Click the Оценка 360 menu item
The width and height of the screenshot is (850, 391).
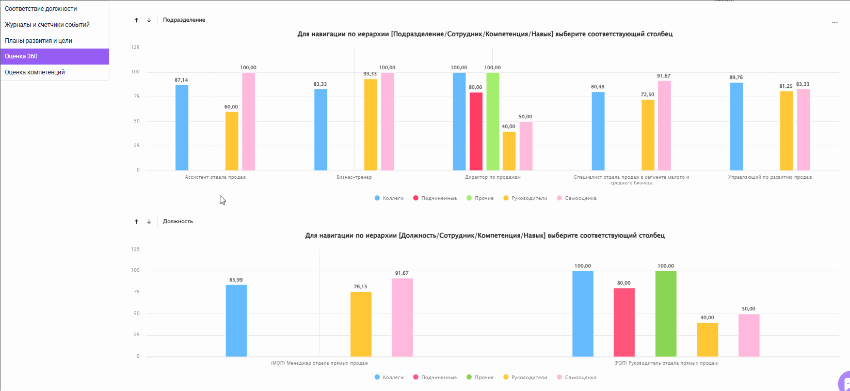54,56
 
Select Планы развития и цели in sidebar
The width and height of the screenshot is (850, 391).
39,41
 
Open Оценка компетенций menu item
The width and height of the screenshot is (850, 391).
35,72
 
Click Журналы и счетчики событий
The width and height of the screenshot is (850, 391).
47,25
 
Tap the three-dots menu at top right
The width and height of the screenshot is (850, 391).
835,23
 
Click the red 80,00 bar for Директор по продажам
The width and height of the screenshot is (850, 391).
476,132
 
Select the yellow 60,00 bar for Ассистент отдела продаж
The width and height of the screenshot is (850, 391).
232,141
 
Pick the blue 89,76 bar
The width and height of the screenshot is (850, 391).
736,127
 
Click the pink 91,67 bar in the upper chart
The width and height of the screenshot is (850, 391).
664,126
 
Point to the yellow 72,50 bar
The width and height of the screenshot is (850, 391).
648,135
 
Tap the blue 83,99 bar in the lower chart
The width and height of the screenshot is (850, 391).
236,321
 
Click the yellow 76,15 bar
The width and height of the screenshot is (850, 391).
361,324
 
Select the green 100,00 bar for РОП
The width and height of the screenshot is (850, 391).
666,314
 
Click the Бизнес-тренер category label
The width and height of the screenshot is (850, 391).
354,177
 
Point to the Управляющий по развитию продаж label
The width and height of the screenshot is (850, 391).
769,177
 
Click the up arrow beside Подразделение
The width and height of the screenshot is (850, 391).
136,20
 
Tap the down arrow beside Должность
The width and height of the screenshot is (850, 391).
149,222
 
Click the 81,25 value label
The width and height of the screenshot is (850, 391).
786,86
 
